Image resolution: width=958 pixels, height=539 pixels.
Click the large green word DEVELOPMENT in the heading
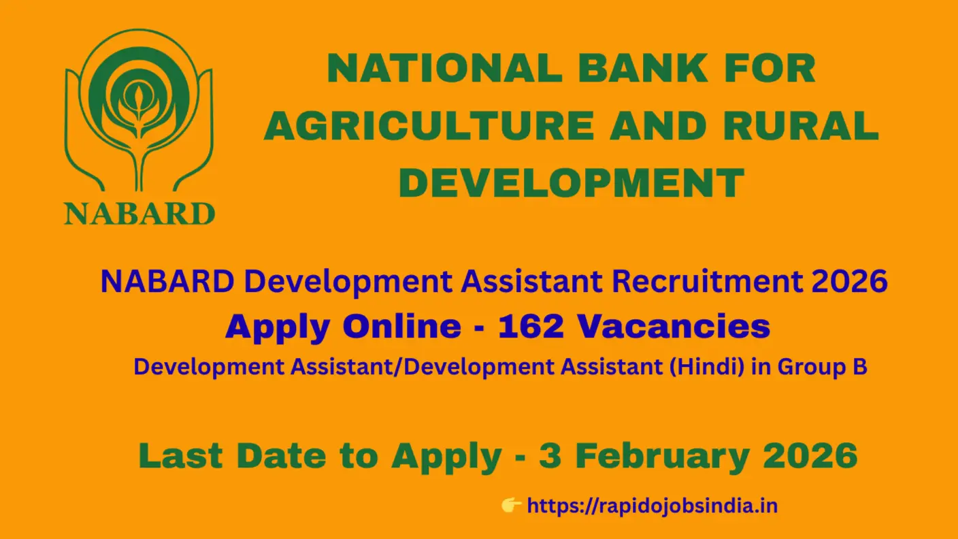click(x=571, y=183)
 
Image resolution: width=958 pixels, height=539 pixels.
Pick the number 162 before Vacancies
click(x=531, y=327)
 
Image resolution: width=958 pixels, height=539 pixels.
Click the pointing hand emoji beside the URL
click(x=511, y=505)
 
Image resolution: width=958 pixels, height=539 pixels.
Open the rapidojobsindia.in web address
click(x=652, y=506)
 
